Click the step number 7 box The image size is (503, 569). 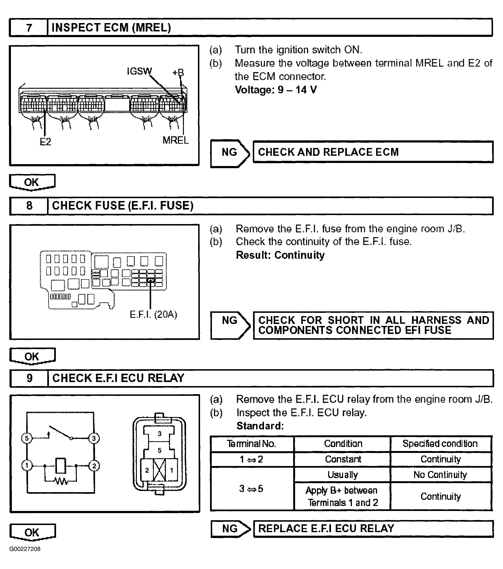(x=29, y=28)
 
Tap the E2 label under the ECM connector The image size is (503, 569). (x=45, y=142)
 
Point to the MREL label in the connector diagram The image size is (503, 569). (x=175, y=140)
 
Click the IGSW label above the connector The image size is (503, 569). (x=139, y=71)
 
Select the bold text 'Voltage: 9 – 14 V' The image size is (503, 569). (x=276, y=90)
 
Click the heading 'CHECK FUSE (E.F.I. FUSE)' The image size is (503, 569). (x=122, y=206)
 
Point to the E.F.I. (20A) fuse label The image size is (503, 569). (x=153, y=314)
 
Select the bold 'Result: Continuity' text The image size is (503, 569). (x=280, y=255)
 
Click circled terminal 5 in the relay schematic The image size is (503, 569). (x=27, y=438)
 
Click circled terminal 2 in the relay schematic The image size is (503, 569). (x=94, y=466)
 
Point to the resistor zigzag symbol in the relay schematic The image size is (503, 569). (x=61, y=481)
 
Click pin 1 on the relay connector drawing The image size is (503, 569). (x=172, y=471)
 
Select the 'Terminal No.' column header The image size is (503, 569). (x=251, y=443)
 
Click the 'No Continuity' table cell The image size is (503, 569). (x=440, y=475)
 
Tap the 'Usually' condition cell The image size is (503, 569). (x=343, y=475)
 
